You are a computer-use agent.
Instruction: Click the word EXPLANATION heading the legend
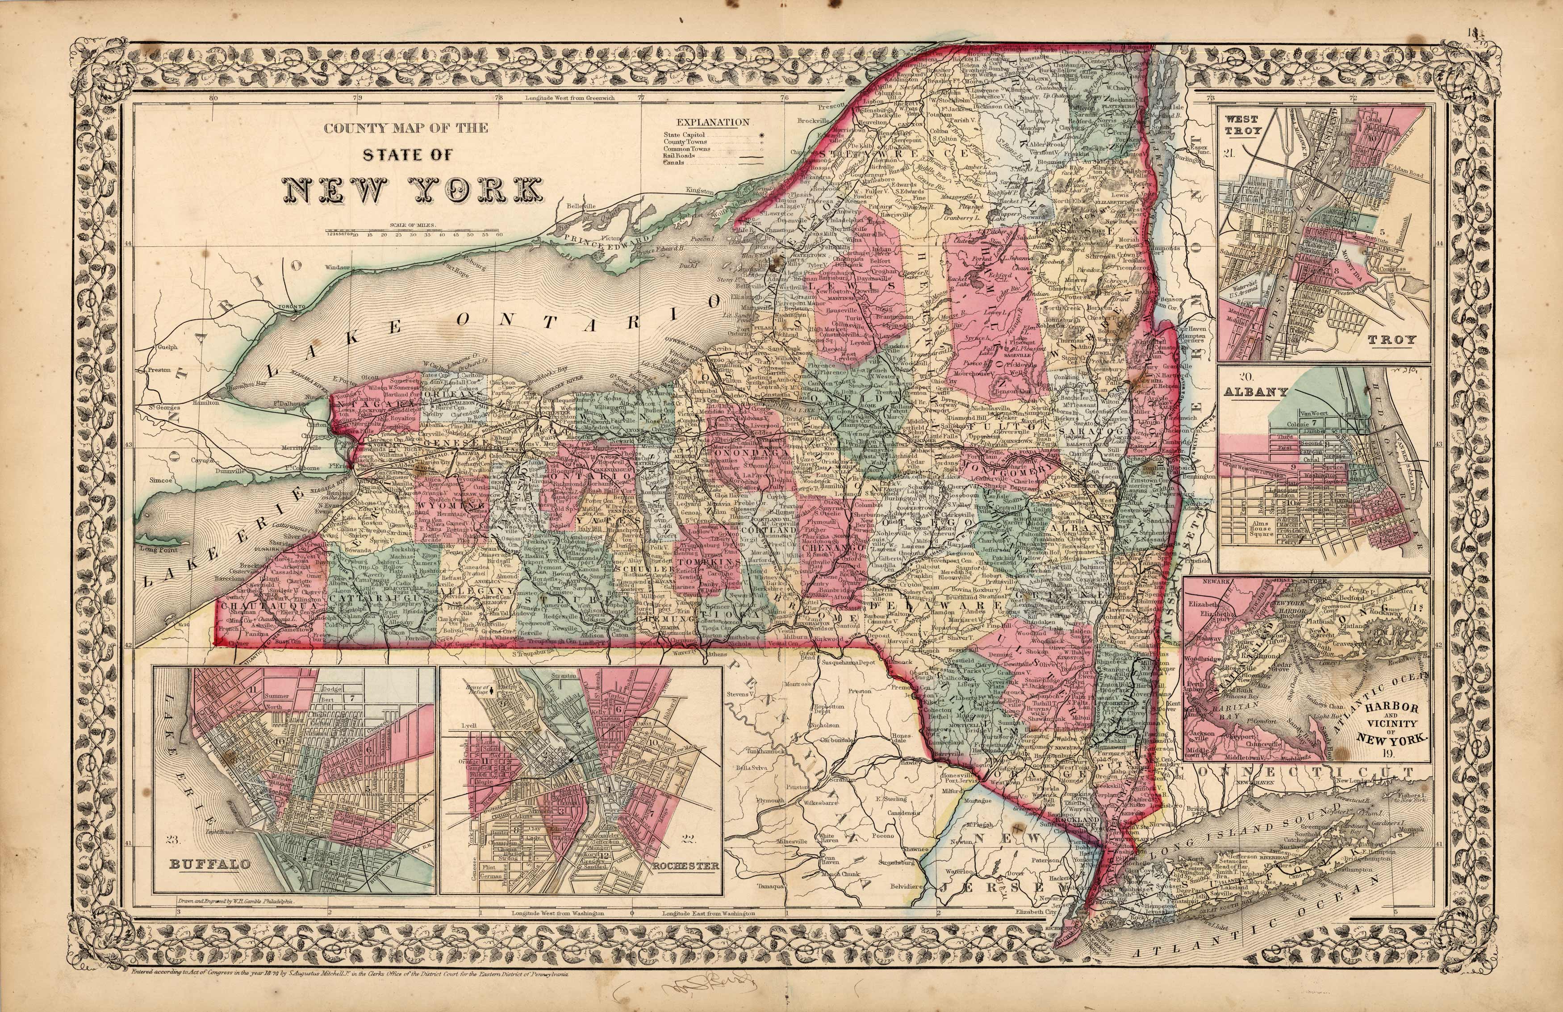point(713,122)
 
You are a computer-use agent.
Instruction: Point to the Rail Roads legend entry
point(679,156)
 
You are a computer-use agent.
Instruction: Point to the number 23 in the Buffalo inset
point(173,839)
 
